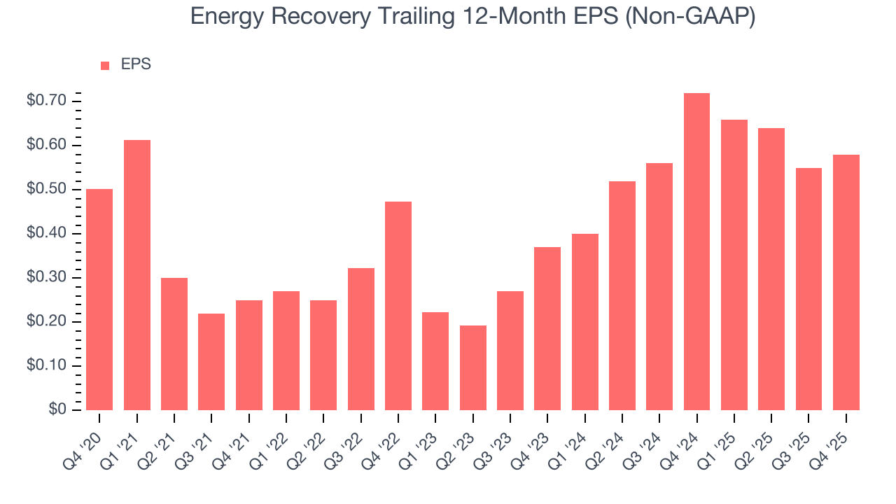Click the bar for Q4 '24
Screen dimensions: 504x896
click(696, 252)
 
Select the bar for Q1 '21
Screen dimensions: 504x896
click(137, 275)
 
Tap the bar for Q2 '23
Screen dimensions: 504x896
click(472, 367)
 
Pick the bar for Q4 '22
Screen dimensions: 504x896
click(398, 306)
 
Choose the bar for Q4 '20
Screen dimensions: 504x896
click(99, 300)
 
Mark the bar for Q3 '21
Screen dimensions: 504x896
click(211, 362)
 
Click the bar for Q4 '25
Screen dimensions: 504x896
click(846, 282)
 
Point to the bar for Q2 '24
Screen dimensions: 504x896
click(622, 295)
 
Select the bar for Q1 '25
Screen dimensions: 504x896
click(734, 265)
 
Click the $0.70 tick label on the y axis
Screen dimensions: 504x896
click(46, 101)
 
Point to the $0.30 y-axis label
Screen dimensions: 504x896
click(46, 278)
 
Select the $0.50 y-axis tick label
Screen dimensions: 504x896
click(46, 190)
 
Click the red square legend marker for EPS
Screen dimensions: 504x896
click(105, 66)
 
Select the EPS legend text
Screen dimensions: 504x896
click(136, 65)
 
